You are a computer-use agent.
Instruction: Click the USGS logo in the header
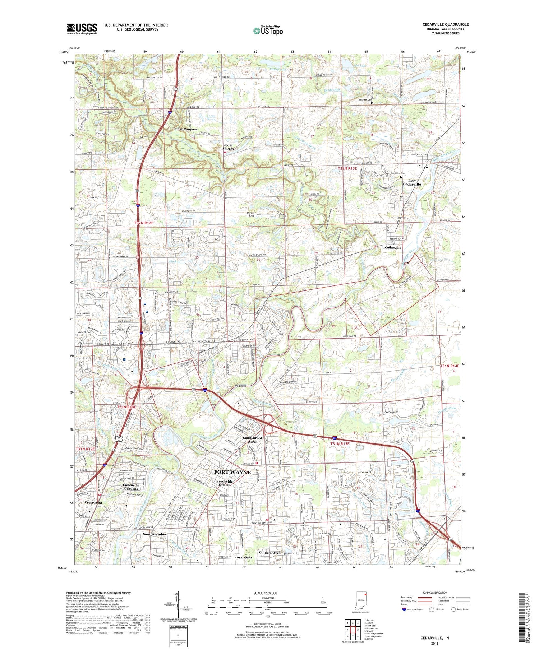coord(82,29)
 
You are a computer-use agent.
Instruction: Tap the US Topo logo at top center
coord(267,31)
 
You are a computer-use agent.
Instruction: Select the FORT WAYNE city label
coord(232,472)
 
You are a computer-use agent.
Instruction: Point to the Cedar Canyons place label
coord(185,129)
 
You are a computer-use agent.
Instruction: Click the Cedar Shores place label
coord(228,147)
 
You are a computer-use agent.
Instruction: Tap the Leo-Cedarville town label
coord(411,182)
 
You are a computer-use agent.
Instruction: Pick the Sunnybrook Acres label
coord(253,440)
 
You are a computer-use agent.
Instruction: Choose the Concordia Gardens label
coord(131,487)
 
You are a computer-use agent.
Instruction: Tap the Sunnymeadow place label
coord(155,534)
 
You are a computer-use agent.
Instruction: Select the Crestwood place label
coord(93,503)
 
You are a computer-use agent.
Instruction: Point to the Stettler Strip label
coord(251,214)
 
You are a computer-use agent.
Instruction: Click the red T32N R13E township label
coord(347,168)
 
